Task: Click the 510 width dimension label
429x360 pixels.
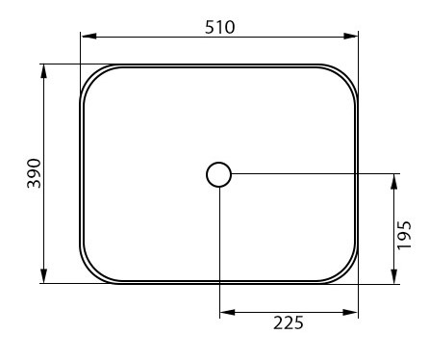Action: pos(220,27)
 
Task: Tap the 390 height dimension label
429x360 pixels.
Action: pos(35,173)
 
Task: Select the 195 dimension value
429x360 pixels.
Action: pos(404,235)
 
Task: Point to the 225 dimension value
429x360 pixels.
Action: pos(289,322)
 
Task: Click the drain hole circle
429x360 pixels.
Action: pos(218,163)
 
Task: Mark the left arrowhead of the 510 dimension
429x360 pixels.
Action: pos(89,36)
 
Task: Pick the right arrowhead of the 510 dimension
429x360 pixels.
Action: pos(350,36)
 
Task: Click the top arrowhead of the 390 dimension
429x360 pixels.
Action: pos(44,71)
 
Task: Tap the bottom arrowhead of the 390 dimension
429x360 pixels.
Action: pos(44,276)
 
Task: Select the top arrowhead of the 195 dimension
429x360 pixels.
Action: pos(394,182)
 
